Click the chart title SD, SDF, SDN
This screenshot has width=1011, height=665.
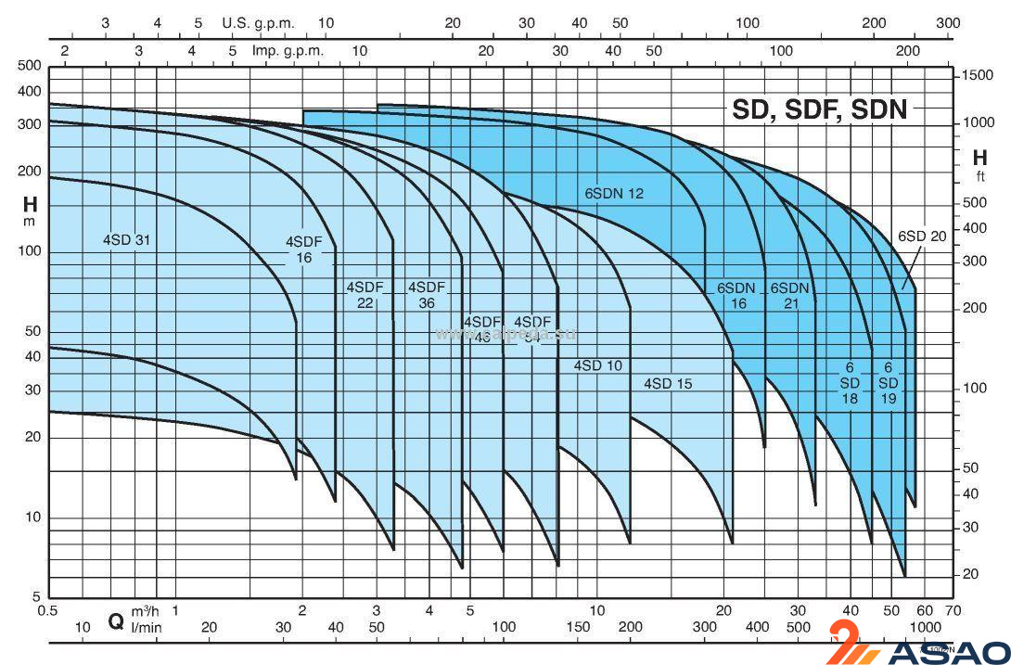tap(820, 109)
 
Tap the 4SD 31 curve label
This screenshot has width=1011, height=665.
tap(126, 240)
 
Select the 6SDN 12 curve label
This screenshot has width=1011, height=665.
tap(613, 194)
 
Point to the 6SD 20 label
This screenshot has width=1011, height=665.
tap(921, 237)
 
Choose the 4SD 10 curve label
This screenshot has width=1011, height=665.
tap(597, 365)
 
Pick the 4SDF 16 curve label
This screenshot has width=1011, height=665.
tap(304, 249)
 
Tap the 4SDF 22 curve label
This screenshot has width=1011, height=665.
tap(365, 295)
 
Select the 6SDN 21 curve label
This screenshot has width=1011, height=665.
tap(790, 295)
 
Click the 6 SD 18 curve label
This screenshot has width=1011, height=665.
tap(850, 383)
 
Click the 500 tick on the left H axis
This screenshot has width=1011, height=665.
tap(31, 65)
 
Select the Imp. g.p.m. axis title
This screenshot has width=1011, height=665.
tap(288, 51)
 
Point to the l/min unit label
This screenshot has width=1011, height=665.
tap(146, 628)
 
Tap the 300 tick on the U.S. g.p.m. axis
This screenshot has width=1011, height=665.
tap(947, 22)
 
